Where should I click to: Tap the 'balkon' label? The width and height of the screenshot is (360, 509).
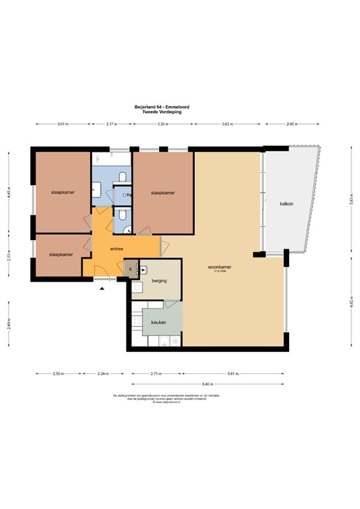pyautogui.click(x=285, y=204)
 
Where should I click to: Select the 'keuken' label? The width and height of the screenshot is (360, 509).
pyautogui.click(x=158, y=322)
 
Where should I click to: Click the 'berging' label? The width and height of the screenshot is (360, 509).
pyautogui.click(x=158, y=281)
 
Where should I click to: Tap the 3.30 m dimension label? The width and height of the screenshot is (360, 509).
pyautogui.click(x=161, y=124)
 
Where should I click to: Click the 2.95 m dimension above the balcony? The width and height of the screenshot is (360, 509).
pyautogui.click(x=291, y=124)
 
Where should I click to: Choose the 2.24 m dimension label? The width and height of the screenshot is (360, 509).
pyautogui.click(x=103, y=374)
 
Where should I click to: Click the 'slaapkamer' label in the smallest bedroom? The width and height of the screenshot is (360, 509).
pyautogui.click(x=61, y=254)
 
